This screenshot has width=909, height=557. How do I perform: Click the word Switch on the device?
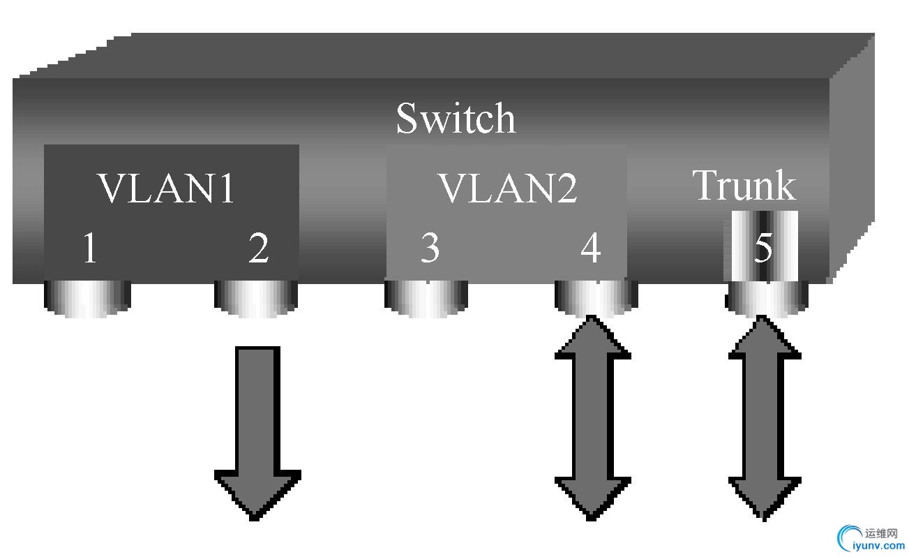coord(456,118)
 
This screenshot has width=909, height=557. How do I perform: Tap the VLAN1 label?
coord(166,188)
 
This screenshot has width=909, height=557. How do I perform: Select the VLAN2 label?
coord(507,188)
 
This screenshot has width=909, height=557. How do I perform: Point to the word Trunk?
coord(744,185)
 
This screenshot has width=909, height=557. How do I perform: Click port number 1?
coord(89,248)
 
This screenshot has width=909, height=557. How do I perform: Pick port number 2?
coord(259,248)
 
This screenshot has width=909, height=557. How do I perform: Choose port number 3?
coord(430,248)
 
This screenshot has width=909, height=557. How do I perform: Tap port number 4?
coord(591,248)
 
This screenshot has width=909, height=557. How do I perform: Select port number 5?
coord(764,247)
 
